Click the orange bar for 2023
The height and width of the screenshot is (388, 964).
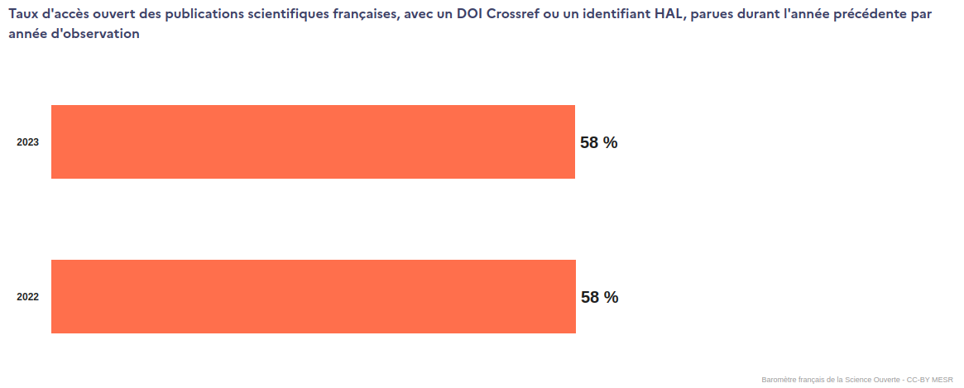pyautogui.click(x=313, y=141)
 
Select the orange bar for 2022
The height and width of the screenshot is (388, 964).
pyautogui.click(x=313, y=296)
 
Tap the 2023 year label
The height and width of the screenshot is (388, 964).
pyautogui.click(x=28, y=142)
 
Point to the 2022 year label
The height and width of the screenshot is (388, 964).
pyautogui.click(x=28, y=297)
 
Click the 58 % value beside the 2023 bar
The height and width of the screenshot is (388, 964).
pyautogui.click(x=599, y=142)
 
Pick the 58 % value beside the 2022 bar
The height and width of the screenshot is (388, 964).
pyautogui.click(x=599, y=297)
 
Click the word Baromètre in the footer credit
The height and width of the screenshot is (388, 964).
pyautogui.click(x=779, y=380)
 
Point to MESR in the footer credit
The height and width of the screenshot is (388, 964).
pyautogui.click(x=942, y=380)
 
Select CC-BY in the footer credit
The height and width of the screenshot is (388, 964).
pyautogui.click(x=918, y=380)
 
